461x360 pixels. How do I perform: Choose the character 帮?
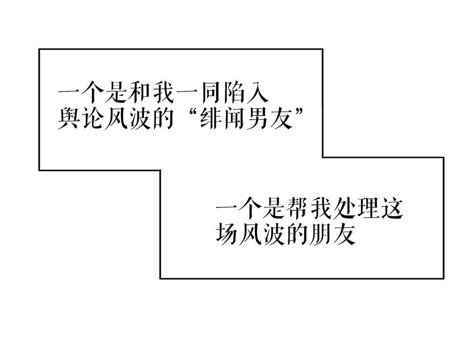pos(298,209)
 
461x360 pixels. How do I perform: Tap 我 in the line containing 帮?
pos(321,209)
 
